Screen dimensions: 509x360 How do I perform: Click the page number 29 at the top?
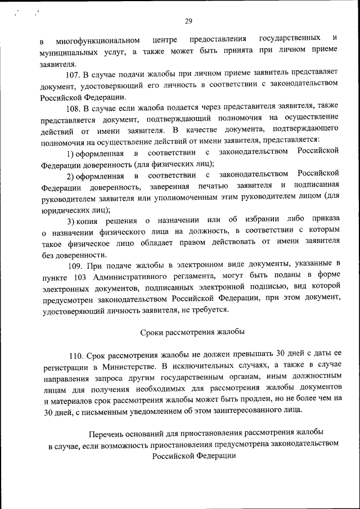(x=188, y=21)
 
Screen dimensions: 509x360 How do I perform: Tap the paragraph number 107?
(x=74, y=73)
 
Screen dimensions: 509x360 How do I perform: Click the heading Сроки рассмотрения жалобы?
(x=192, y=332)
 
